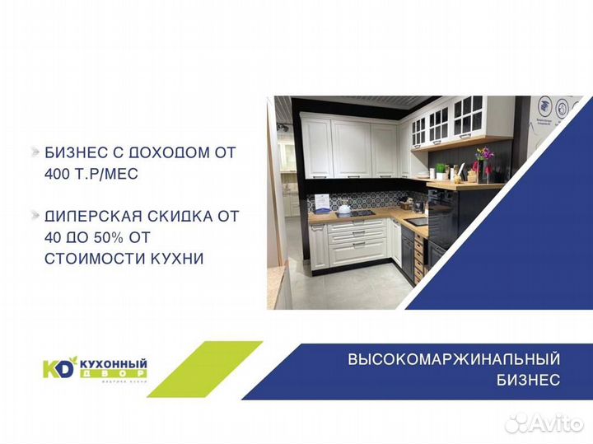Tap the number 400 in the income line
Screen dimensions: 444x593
(x=60, y=174)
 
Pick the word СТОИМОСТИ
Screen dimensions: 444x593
(x=84, y=259)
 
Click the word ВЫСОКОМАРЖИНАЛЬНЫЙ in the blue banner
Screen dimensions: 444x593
(x=454, y=359)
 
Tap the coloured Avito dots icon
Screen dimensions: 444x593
(x=517, y=423)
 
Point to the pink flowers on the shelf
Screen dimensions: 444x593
(x=484, y=154)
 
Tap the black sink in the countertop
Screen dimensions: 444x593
(x=418, y=221)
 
